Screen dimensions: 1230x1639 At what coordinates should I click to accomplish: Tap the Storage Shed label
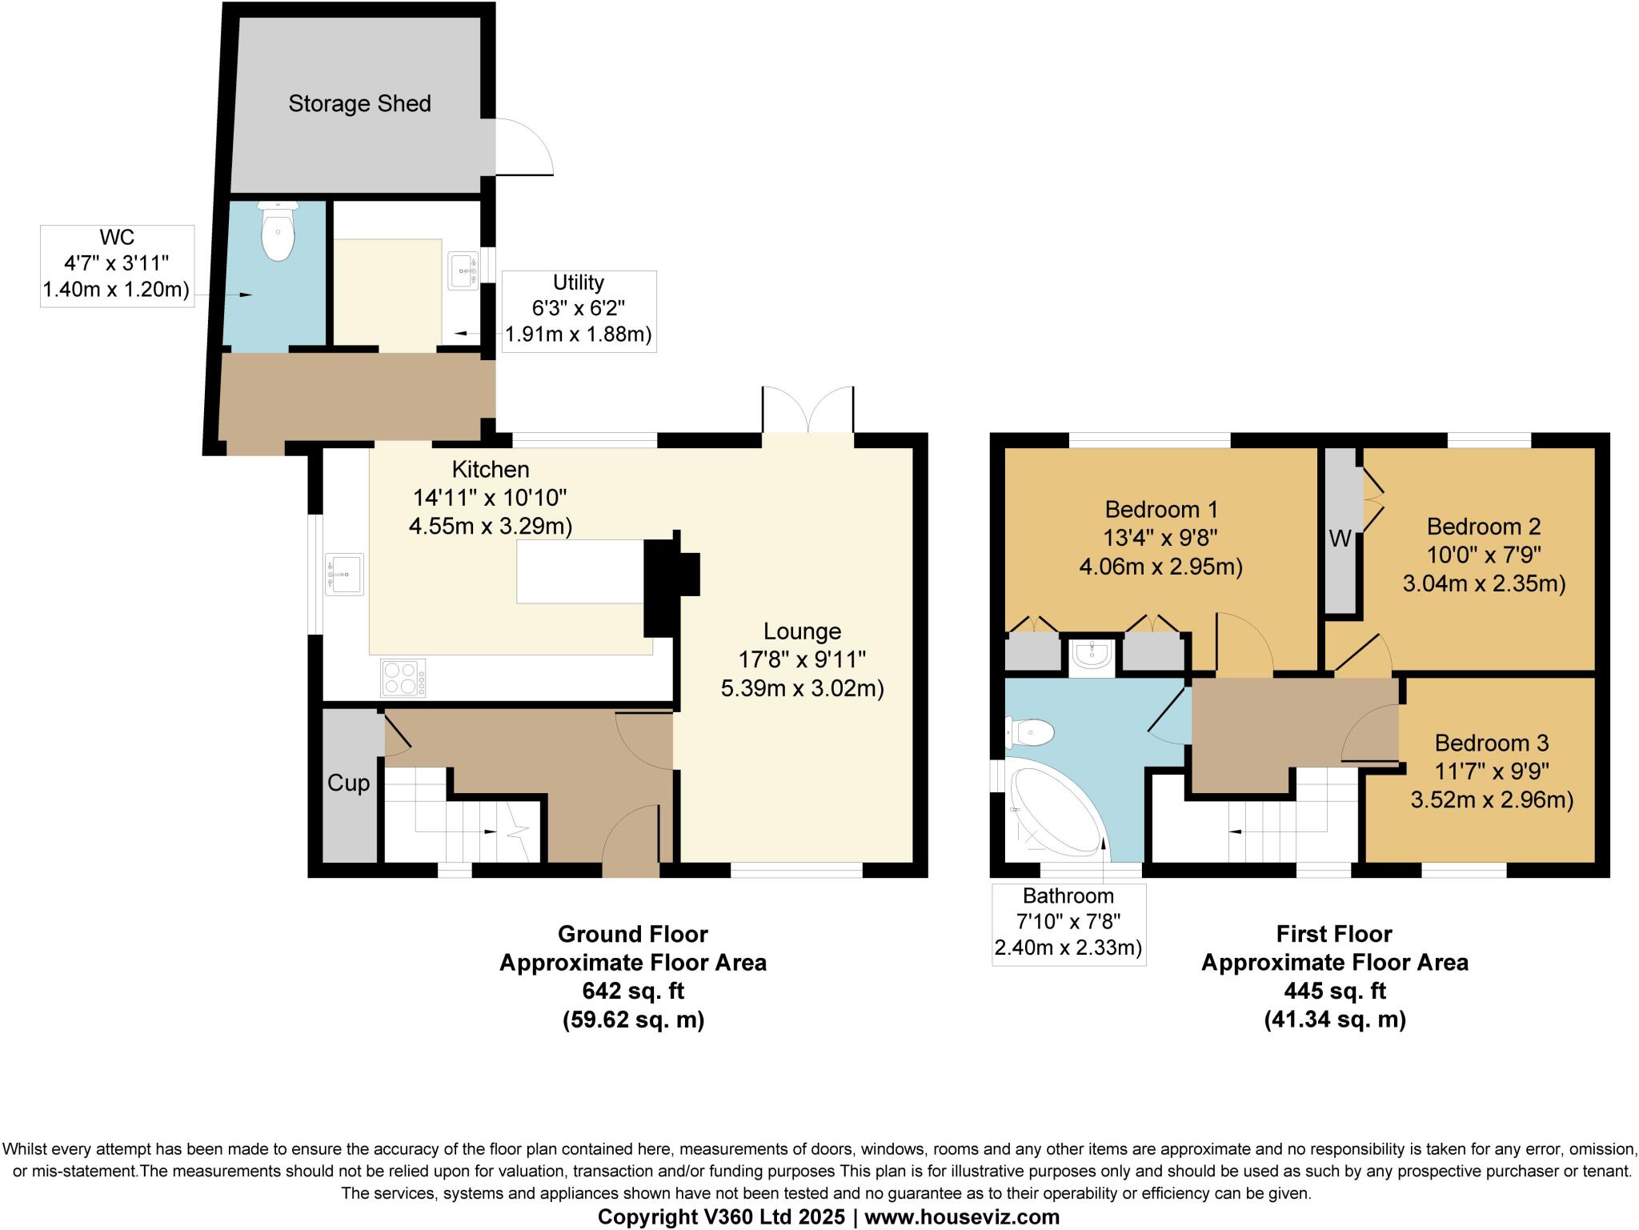click(359, 103)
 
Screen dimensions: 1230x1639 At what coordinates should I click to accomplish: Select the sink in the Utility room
click(463, 270)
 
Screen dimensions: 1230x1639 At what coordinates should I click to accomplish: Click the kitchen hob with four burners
click(403, 678)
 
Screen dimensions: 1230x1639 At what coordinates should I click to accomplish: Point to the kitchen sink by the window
click(344, 574)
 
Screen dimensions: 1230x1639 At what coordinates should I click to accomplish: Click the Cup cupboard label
click(348, 783)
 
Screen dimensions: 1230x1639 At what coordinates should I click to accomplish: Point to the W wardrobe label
click(1340, 539)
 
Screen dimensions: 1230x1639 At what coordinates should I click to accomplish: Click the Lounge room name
click(802, 631)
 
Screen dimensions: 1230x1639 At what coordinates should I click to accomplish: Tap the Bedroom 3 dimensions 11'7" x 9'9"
click(1492, 771)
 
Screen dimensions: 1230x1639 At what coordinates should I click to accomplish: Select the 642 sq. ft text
click(632, 992)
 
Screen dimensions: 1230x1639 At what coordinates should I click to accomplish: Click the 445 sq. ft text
click(1334, 992)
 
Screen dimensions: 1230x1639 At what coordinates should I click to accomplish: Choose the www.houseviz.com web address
click(963, 1217)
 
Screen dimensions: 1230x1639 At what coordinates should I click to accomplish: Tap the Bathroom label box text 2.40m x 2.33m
click(1068, 948)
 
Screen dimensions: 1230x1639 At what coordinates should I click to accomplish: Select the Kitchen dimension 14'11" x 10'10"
click(490, 498)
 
